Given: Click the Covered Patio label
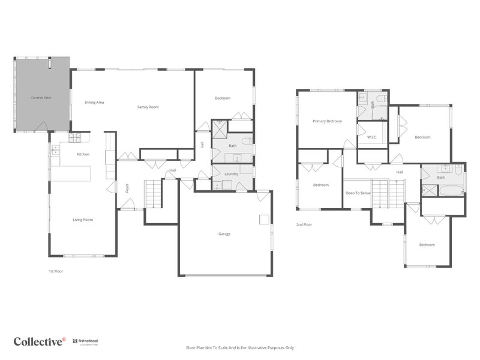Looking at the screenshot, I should pos(41,97).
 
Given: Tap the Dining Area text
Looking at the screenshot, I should pos(94,103).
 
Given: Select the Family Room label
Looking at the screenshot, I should pos(148,107).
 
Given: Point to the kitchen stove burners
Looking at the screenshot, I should pos(75,137).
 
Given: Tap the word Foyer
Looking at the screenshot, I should pos(127,188).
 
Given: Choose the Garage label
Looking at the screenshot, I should pos(224,234).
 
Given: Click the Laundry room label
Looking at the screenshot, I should pos(232,174).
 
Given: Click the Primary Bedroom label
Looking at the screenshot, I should pos(327,121).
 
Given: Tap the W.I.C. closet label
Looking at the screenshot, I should pos(372,137).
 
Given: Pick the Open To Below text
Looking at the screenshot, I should pos(358,193).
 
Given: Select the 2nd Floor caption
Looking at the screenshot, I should pos(304,224).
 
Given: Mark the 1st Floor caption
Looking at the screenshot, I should pos(56,271).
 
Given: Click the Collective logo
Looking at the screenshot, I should pos(40,341).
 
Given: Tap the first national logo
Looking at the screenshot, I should pos(87,341).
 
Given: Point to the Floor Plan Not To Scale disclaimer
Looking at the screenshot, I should pos(239,347).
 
